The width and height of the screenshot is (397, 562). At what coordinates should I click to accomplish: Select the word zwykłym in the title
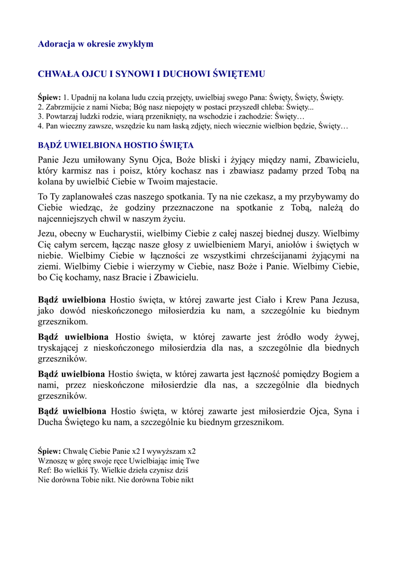coord(135,44)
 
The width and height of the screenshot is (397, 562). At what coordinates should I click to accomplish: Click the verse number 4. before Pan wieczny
coord(41,126)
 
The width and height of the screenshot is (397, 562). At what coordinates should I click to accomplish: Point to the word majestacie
coord(195,182)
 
